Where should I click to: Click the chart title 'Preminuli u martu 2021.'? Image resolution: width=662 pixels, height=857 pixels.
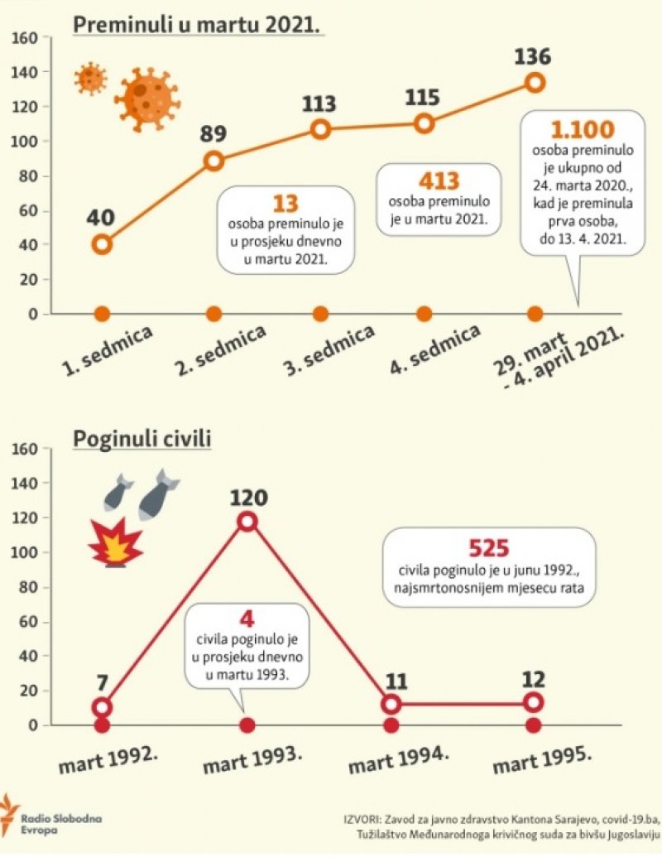pyautogui.click(x=197, y=24)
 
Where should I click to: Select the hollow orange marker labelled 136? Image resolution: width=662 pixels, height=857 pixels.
pyautogui.click(x=535, y=82)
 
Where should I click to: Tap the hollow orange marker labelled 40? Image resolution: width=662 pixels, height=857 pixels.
pyautogui.click(x=102, y=244)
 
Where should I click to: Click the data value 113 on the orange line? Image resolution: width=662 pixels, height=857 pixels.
pyautogui.click(x=319, y=104)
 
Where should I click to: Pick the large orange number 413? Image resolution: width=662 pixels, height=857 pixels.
pyautogui.click(x=439, y=181)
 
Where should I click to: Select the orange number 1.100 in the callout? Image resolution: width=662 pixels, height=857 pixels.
pyautogui.click(x=583, y=130)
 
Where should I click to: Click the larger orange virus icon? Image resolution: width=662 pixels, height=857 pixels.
pyautogui.click(x=147, y=99)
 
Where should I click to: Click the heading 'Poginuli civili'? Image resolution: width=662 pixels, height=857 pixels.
pyautogui.click(x=142, y=439)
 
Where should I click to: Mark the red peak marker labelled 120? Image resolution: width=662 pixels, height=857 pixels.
pyautogui.click(x=247, y=521)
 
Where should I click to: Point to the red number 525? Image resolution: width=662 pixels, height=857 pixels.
pyautogui.click(x=488, y=548)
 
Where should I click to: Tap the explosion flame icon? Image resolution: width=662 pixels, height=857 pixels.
pyautogui.click(x=116, y=543)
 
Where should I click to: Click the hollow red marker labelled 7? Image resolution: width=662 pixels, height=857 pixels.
pyautogui.click(x=102, y=707)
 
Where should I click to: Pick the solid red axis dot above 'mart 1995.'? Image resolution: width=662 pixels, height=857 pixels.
pyautogui.click(x=534, y=725)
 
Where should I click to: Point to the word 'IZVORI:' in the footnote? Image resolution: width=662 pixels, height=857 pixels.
pyautogui.click(x=363, y=819)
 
